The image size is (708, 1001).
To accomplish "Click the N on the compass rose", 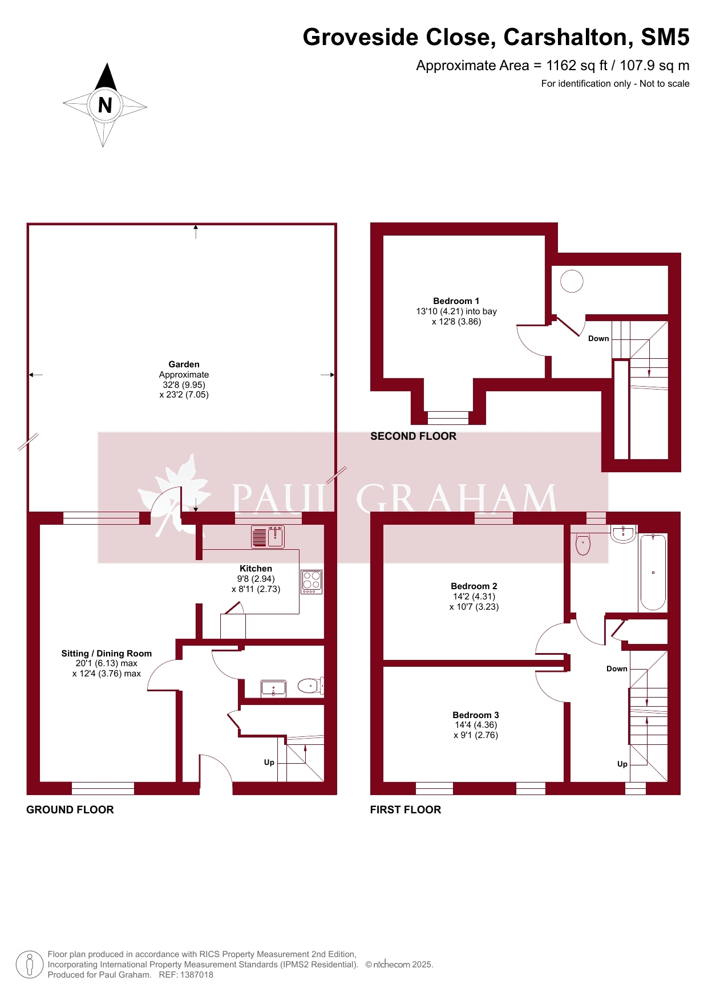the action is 105,105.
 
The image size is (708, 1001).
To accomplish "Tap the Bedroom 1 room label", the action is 456,301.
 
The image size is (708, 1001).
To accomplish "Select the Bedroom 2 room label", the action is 474,586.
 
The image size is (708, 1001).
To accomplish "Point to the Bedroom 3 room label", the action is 476,715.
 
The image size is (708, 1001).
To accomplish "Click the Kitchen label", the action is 256,568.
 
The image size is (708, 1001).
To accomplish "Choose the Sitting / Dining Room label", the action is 107,653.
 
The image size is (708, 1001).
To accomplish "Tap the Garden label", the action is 184,364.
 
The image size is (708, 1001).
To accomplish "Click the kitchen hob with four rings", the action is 311,582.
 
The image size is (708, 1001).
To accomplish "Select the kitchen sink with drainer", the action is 268,537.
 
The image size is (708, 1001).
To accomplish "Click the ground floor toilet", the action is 311,686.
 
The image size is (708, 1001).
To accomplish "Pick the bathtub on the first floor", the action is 653,572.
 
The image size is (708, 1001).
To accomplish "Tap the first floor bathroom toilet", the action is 583,544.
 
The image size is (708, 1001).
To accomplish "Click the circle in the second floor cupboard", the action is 572,281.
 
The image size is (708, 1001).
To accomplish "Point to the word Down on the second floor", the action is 598,338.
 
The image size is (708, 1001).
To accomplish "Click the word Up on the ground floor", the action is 269,762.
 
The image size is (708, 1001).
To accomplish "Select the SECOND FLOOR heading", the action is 413,436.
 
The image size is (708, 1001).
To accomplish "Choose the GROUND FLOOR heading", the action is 70,810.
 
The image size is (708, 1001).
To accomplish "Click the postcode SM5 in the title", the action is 665,37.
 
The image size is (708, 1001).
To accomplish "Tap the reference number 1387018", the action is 196,975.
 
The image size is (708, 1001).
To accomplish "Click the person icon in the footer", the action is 30,964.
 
